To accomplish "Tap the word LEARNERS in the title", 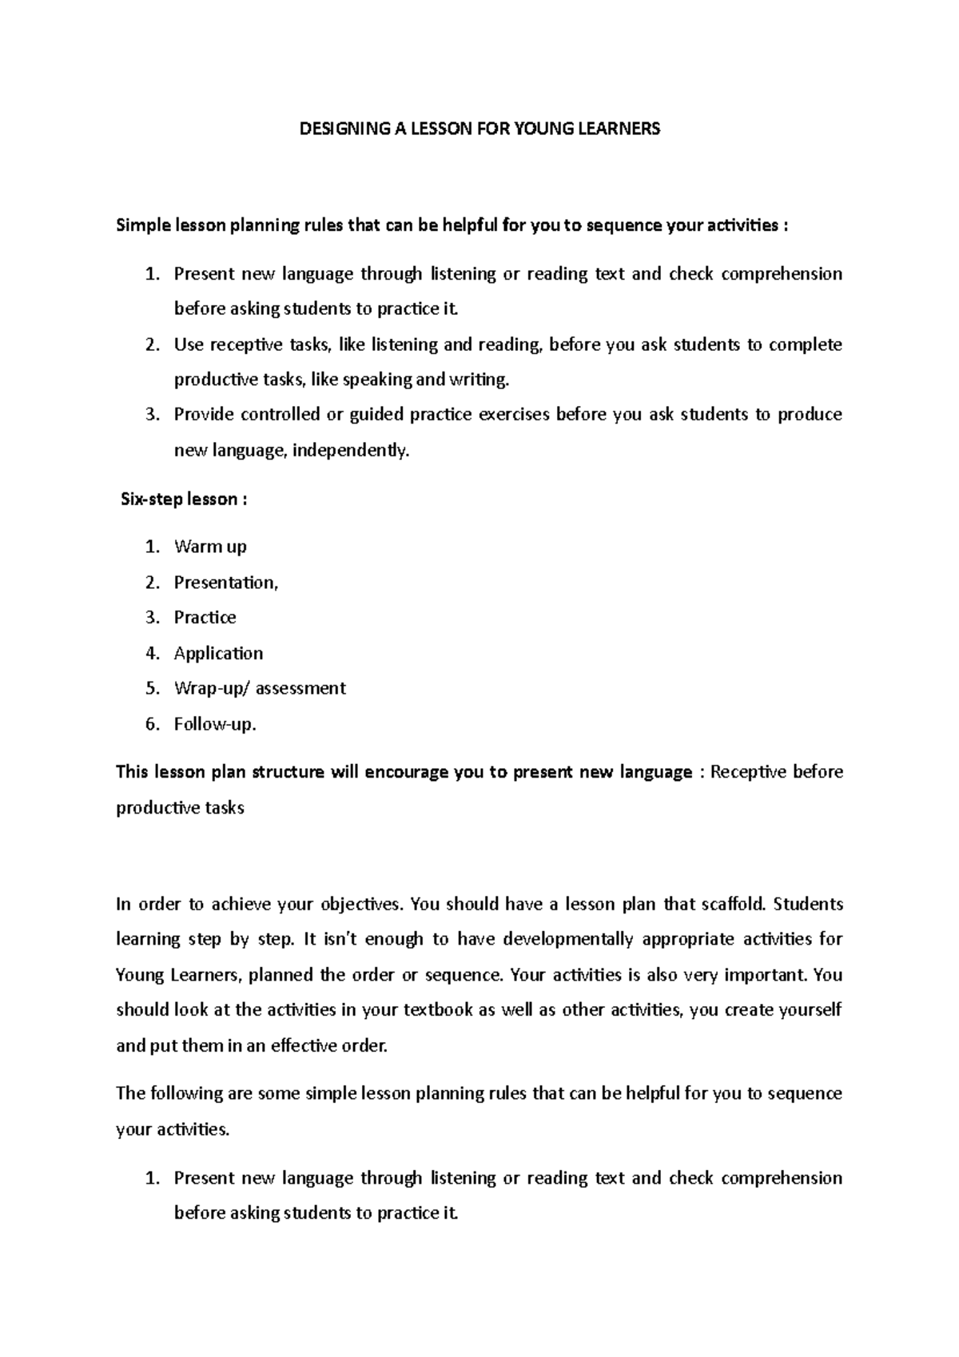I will pos(623,129).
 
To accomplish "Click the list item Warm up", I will pos(210,547).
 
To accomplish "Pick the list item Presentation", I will pos(225,583).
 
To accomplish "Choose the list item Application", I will pos(218,654).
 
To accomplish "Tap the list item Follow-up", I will pos(214,725).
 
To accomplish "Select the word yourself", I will pos(809,1010).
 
